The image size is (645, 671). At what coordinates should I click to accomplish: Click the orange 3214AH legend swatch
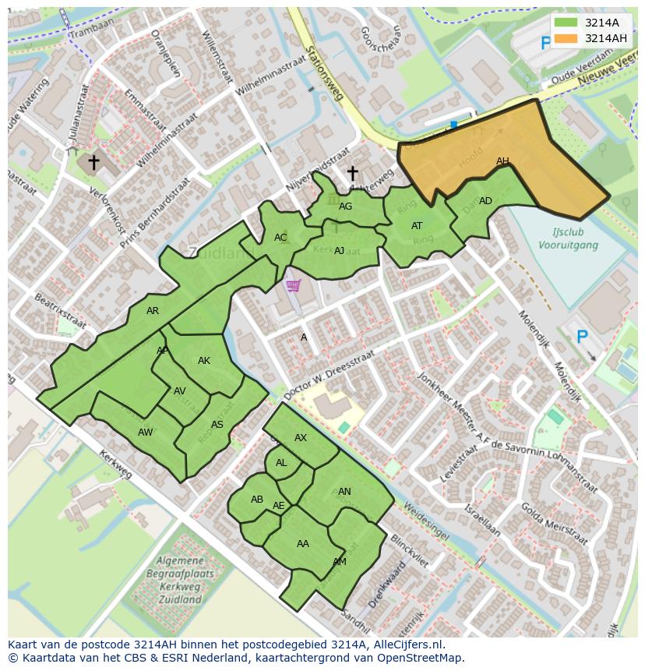click(x=566, y=38)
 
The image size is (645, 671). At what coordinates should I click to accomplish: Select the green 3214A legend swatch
click(x=566, y=23)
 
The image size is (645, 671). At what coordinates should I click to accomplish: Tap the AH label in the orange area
click(x=502, y=161)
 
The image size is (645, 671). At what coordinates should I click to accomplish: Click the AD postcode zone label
click(x=485, y=201)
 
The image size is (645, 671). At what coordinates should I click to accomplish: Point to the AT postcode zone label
click(x=417, y=226)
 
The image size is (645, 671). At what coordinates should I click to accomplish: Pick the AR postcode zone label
click(x=153, y=311)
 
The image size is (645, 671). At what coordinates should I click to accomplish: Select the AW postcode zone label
click(x=145, y=433)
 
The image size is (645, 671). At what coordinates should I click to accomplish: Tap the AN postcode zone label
click(x=344, y=492)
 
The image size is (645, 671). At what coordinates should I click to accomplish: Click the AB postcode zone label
click(x=257, y=500)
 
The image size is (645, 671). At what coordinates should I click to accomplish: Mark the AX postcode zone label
click(x=301, y=438)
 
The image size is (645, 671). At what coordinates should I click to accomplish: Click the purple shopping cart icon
click(x=293, y=286)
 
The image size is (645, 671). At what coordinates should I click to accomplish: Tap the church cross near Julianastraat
click(x=93, y=162)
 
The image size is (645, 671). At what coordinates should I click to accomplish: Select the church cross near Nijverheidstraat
click(x=352, y=173)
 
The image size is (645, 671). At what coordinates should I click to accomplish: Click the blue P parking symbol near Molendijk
click(x=581, y=337)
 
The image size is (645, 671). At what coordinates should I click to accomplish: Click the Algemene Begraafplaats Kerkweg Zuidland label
click(x=180, y=580)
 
